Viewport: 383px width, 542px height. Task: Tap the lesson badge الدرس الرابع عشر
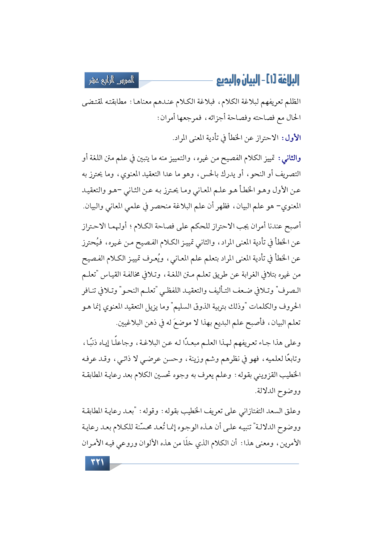pyautogui.click(x=112, y=80)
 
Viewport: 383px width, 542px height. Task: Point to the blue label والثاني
pyautogui.click(x=290, y=159)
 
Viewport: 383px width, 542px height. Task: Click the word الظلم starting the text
pyautogui.click(x=293, y=102)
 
